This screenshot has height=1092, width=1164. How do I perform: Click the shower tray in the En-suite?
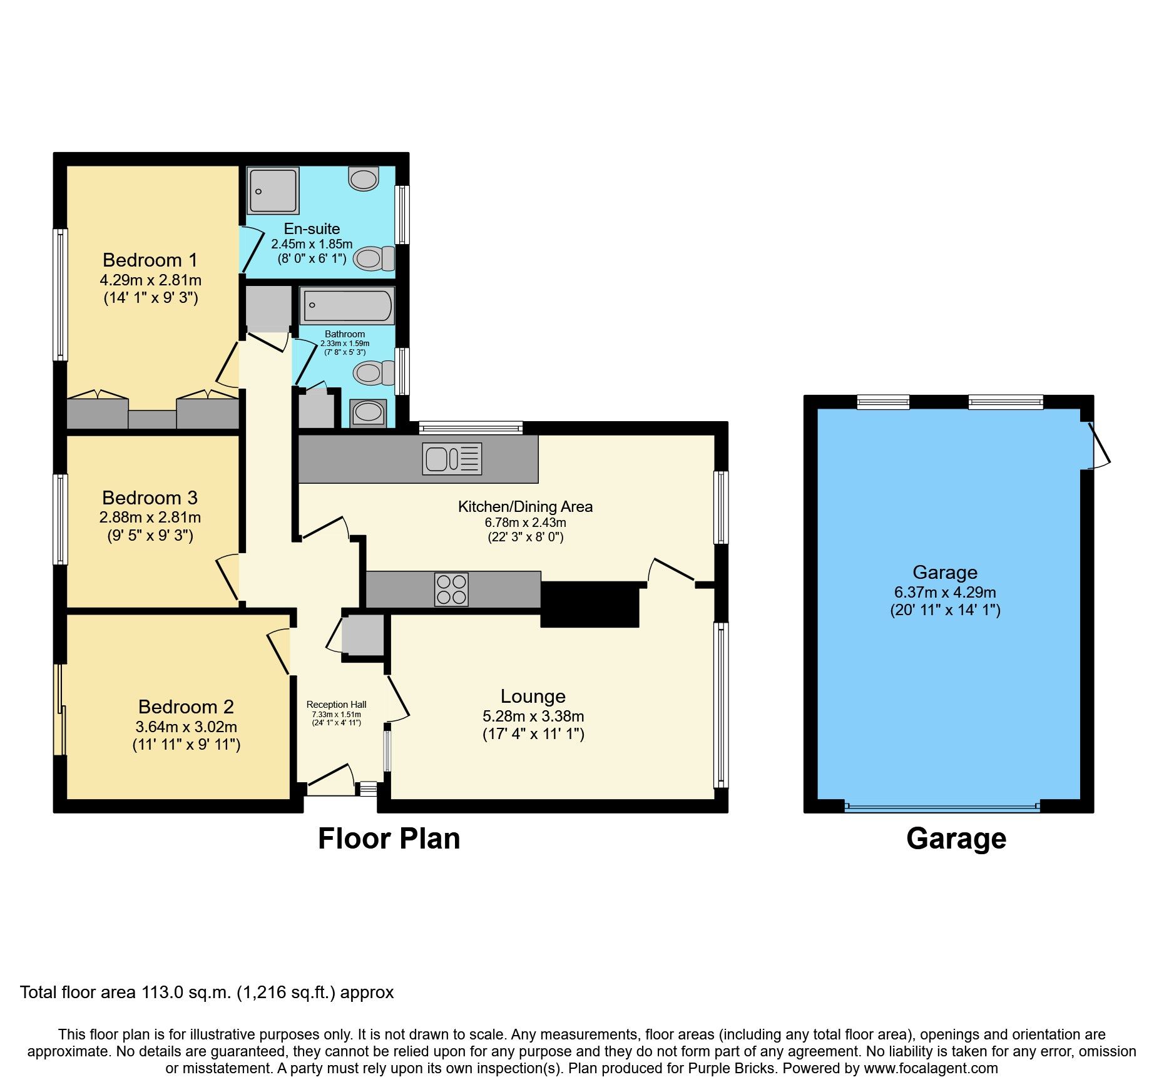273,190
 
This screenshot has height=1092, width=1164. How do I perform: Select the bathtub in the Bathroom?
347,305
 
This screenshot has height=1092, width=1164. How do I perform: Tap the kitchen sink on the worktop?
452,459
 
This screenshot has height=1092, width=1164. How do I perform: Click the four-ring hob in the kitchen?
451,589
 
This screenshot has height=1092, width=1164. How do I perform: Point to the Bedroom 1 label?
150,260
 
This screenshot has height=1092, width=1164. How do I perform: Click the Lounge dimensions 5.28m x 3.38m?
533,716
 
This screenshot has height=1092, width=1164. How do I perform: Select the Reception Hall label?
336,705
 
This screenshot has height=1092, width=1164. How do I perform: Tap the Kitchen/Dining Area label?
525,506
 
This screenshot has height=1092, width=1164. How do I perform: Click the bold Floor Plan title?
389,839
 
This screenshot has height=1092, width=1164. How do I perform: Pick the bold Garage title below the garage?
956,839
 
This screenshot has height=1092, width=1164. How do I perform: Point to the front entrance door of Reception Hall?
330,778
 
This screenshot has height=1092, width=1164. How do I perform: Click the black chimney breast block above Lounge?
590,604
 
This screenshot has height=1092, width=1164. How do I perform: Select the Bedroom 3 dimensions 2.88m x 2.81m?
150,517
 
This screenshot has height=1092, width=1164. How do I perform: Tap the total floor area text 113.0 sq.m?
207,992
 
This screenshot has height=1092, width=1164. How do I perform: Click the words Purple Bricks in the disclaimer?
731,1068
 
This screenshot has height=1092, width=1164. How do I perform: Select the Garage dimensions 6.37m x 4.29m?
945,592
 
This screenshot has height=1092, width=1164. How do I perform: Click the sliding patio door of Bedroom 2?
61,709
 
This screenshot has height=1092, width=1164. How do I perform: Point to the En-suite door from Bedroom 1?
252,250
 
